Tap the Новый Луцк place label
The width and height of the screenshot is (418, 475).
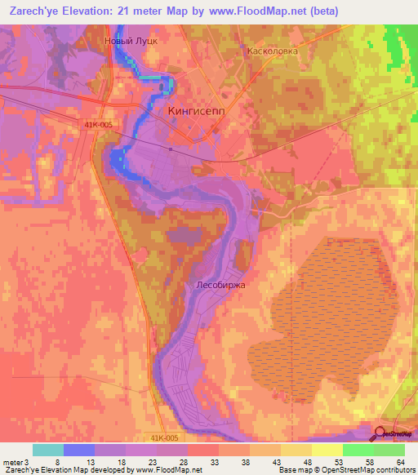pyautogui.click(x=131, y=39)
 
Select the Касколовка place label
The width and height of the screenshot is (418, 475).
pyautogui.click(x=273, y=50)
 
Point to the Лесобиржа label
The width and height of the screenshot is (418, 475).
pyautogui.click(x=221, y=286)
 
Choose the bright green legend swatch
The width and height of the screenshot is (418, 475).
pyautogui.click(x=358, y=450)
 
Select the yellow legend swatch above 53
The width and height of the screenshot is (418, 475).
pyautogui.click(x=327, y=450)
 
